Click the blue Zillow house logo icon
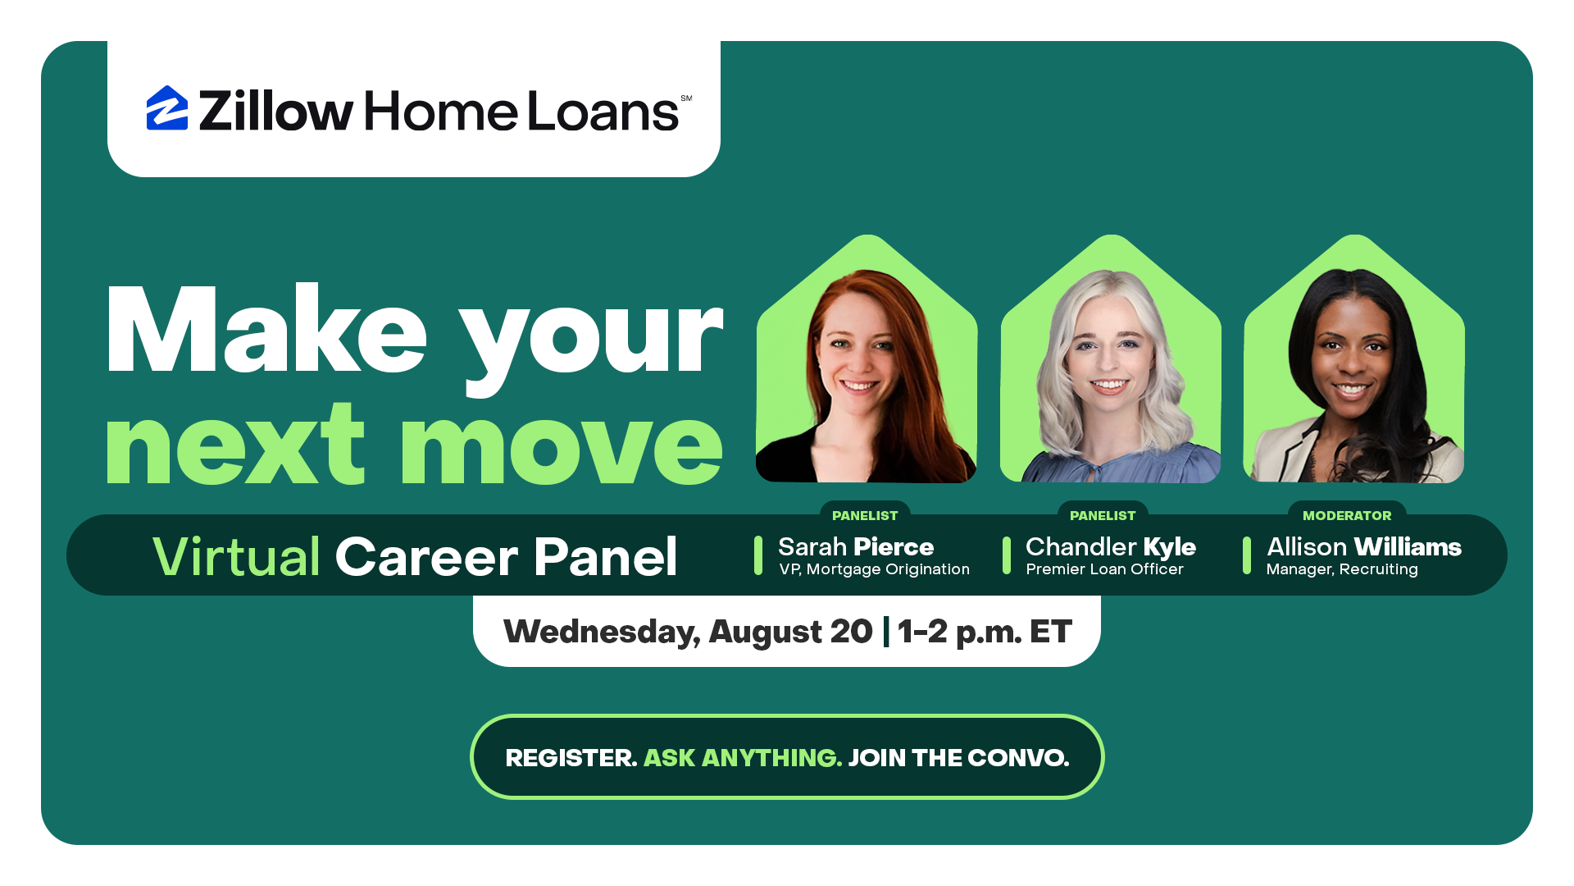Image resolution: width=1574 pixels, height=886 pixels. (x=167, y=108)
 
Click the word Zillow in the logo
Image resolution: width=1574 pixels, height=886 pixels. (x=276, y=110)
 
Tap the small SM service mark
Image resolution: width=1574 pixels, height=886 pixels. (x=686, y=98)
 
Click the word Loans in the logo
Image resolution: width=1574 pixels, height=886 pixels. (x=603, y=111)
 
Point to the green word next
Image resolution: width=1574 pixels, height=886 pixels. (x=234, y=446)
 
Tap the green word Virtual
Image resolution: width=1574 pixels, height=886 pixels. (x=236, y=556)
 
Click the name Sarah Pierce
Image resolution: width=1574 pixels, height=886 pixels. (x=856, y=546)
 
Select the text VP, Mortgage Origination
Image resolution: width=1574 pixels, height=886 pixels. (x=874, y=569)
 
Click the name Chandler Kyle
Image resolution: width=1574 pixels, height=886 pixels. (x=1111, y=546)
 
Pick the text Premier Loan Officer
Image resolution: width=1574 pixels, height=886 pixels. (x=1104, y=569)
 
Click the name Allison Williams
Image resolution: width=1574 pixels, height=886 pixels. (x=1364, y=546)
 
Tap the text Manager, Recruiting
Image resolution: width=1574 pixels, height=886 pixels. (x=1342, y=569)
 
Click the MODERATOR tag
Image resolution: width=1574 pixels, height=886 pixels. (x=1347, y=515)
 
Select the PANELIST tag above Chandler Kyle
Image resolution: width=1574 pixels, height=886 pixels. (x=1103, y=515)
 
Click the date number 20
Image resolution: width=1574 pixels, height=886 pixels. (x=851, y=632)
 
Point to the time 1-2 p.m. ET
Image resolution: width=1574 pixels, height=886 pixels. (x=985, y=632)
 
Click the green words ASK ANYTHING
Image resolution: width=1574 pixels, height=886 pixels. (x=743, y=757)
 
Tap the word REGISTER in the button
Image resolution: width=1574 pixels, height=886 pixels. (x=571, y=757)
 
